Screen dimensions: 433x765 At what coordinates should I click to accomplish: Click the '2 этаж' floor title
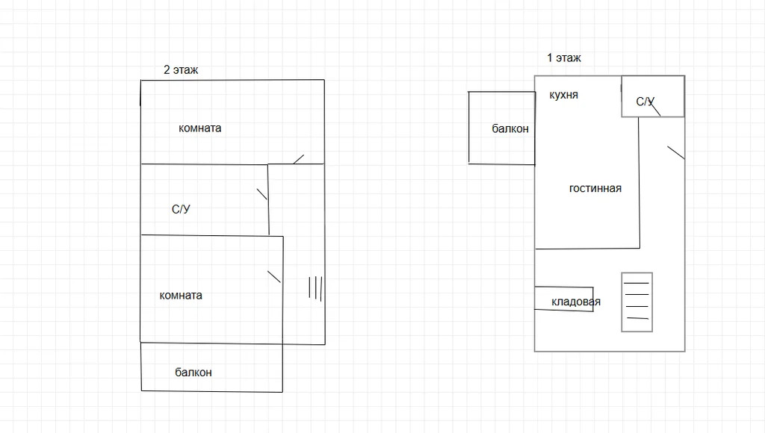181,70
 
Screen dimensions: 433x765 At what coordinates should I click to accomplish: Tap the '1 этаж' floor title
564,57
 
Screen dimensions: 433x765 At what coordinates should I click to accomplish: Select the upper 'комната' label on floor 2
199,128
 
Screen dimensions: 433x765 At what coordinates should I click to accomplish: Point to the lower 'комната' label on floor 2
181,295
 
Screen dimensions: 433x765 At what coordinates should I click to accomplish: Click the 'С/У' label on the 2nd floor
181,209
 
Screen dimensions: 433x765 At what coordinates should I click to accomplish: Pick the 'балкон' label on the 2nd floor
193,372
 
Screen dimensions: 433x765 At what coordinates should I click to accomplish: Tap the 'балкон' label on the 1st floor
510,128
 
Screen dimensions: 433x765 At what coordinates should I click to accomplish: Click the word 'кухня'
563,95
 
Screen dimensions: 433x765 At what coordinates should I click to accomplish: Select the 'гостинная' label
595,188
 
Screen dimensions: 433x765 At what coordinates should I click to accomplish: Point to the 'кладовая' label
576,302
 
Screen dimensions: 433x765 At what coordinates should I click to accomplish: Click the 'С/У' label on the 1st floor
645,102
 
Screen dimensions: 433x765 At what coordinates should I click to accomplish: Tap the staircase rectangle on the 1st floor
637,302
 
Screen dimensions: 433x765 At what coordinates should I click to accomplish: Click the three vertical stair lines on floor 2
315,288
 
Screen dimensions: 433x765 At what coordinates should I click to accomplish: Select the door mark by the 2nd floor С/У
262,194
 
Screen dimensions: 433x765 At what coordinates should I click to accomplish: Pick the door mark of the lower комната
274,276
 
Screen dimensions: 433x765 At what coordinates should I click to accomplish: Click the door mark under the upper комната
298,158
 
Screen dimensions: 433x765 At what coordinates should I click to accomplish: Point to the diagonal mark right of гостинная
675,152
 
